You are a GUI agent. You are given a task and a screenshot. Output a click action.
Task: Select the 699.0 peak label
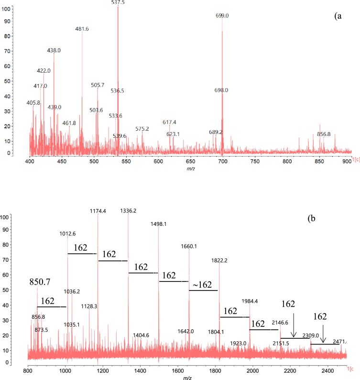point(222,15)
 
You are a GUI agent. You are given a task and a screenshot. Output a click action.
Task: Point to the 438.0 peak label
point(54,50)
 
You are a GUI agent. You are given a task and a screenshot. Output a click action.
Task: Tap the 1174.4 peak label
point(98,211)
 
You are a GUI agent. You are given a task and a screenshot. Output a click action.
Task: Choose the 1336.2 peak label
point(128,211)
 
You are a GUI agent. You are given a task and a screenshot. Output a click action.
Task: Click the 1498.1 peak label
point(158,229)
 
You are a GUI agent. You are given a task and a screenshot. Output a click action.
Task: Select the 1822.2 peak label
point(219,260)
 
